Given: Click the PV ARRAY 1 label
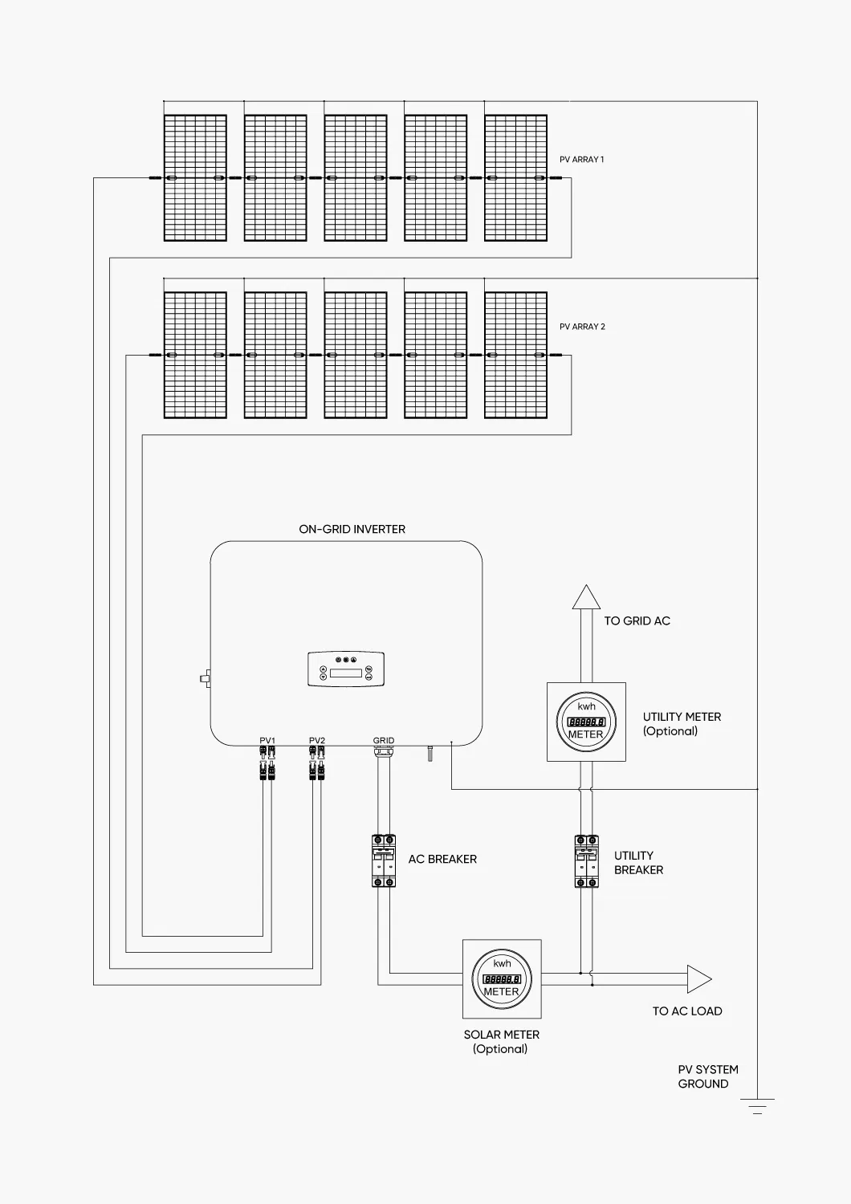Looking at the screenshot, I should [581, 160].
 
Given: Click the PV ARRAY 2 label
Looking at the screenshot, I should [582, 327].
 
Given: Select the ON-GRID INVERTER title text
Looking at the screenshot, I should [352, 530].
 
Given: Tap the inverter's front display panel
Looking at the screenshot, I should [346, 669].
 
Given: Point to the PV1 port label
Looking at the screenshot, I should [267, 741].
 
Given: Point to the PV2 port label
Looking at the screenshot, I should [317, 741].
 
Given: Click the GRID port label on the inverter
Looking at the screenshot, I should [384, 741].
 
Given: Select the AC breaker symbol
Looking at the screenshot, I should [384, 860].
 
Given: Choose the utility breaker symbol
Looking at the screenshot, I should [587, 861].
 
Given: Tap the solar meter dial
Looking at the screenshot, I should [502, 979].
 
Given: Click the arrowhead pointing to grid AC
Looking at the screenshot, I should [586, 598].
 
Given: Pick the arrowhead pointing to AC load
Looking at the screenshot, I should [698, 979].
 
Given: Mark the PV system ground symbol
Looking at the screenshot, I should [757, 1106].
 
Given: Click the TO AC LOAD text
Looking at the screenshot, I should [686, 1011].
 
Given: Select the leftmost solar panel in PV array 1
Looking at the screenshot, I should [195, 178].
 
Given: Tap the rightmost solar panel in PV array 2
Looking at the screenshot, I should [516, 356].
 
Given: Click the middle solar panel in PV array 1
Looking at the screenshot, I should [356, 178].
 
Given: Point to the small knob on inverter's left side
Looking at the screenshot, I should [205, 678].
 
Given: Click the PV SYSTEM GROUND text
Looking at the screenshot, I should [707, 1076].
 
